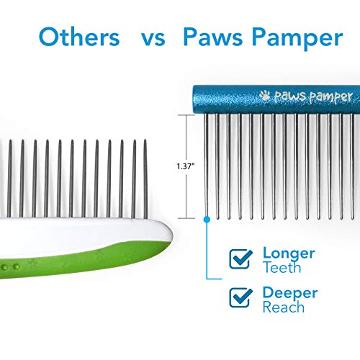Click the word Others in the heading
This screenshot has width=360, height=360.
pyautogui.click(x=79, y=37)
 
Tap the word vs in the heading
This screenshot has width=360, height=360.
pyautogui.click(x=153, y=39)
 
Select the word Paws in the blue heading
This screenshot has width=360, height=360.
pyautogui.click(x=213, y=37)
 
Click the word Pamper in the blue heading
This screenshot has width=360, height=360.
pyautogui.click(x=297, y=39)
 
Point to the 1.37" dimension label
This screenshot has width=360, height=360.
pyautogui.click(x=185, y=166)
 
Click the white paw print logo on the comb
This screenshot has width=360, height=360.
pyautogui.click(x=265, y=96)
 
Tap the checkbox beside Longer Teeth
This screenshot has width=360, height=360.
pyautogui.click(x=240, y=259)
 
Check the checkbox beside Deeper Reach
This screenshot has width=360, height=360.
pyautogui.click(x=240, y=298)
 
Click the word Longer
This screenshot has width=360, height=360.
pyautogui.click(x=289, y=254)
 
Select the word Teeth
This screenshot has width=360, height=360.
pyautogui.click(x=282, y=267)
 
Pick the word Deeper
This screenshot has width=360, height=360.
pyautogui.click(x=290, y=293)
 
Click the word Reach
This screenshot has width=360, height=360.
pyautogui.click(x=284, y=307)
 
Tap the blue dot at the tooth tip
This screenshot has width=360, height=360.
pyautogui.click(x=207, y=220)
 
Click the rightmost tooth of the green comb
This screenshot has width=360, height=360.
pyautogui.click(x=145, y=179)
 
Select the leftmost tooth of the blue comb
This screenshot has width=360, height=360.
pyautogui.click(x=206, y=166)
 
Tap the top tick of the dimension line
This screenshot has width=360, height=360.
pyautogui.click(x=186, y=115)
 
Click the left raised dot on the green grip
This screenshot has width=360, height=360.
pyautogui.click(x=5, y=267)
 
